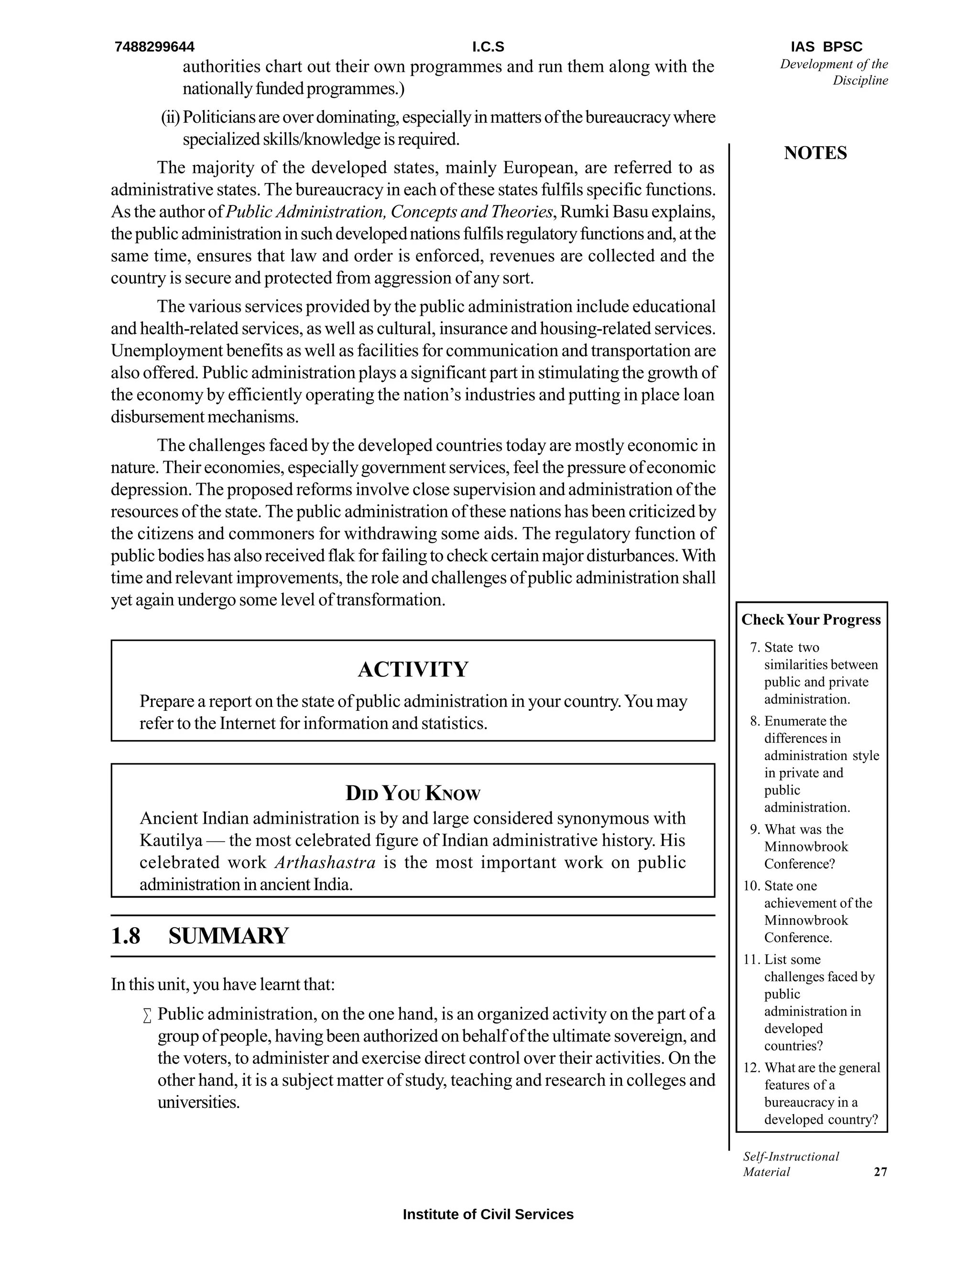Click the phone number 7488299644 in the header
tap(154, 47)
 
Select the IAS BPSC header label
tap(826, 47)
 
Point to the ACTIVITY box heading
tap(413, 669)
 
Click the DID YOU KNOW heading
tap(413, 793)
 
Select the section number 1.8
tap(125, 936)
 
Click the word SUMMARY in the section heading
tap(228, 936)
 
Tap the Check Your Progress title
tap(811, 620)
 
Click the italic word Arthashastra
tap(325, 862)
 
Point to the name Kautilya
tap(171, 840)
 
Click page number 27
tap(880, 1172)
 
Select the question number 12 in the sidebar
tap(751, 1068)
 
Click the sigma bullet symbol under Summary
tap(147, 1016)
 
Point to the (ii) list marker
tap(171, 118)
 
